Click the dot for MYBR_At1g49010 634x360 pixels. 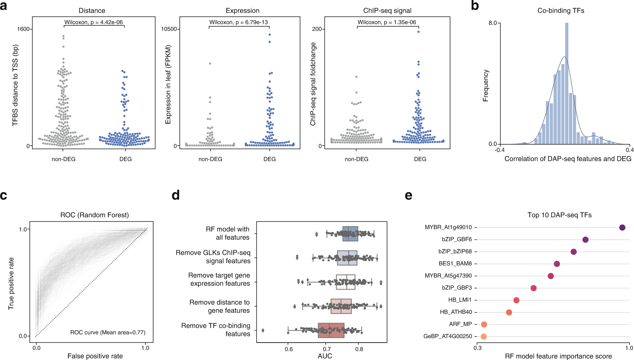click(622, 227)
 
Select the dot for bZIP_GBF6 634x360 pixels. click(585, 240)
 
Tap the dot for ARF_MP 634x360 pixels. click(484, 324)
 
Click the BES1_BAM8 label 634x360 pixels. click(455, 264)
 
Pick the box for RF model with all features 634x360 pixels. click(350, 234)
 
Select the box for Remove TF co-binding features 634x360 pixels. click(331, 330)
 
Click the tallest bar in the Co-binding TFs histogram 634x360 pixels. click(566, 83)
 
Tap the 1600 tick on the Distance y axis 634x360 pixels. click(23, 29)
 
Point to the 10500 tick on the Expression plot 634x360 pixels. click(169, 29)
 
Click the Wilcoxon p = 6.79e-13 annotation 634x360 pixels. click(239, 22)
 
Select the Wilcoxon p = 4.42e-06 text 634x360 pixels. click(94, 22)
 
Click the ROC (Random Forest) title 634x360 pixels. click(95, 215)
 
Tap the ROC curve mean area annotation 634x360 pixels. click(108, 332)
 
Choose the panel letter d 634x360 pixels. click(175, 195)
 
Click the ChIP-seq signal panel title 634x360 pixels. click(387, 10)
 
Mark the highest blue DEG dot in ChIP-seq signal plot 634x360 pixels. click(418, 32)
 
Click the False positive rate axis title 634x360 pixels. click(95, 356)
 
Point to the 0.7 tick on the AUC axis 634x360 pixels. click(327, 349)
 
